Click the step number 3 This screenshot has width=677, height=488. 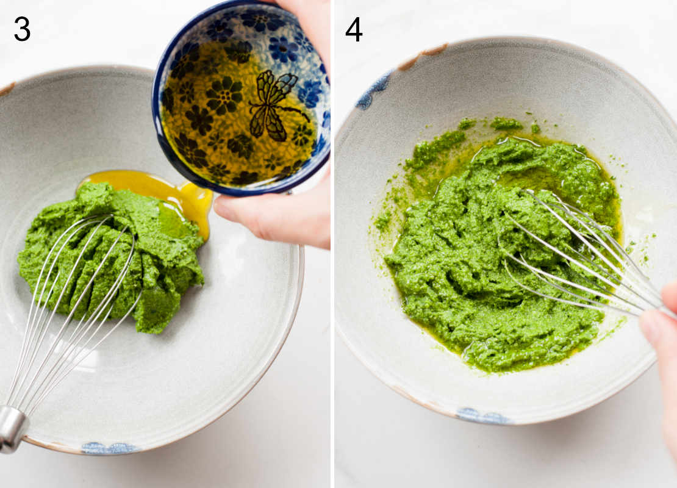tap(22, 29)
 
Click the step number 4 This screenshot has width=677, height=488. tap(354, 29)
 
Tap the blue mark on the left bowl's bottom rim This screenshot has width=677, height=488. tap(110, 448)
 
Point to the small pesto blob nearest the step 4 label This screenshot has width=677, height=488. tap(467, 124)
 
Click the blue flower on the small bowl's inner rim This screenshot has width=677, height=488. tap(284, 49)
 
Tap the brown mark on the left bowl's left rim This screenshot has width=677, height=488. tap(6, 89)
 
